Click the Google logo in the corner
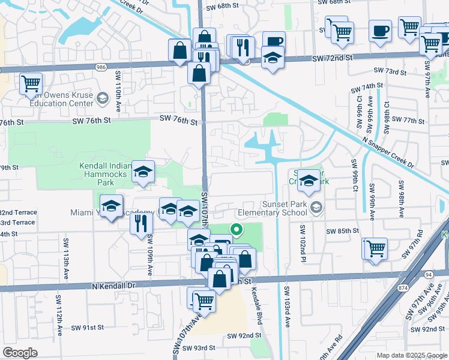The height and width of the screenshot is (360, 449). pos(20,353)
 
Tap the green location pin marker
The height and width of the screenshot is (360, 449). pos(237,229)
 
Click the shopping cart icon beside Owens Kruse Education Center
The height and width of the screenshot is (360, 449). pos(31,84)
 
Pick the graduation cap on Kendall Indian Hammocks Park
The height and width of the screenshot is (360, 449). pos(143,172)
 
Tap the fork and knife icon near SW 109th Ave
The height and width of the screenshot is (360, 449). pos(141,223)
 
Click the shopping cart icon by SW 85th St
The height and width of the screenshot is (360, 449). pos(375,248)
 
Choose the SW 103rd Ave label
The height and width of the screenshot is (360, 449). pos(287,311)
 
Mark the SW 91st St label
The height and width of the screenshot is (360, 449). pos(88,328)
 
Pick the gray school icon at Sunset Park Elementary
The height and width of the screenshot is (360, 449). pos(318,208)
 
